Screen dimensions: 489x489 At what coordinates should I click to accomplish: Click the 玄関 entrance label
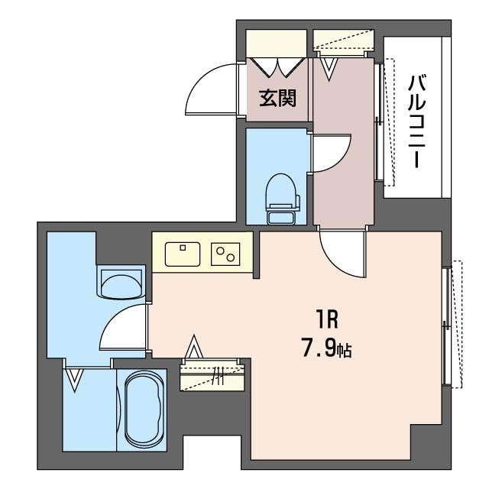click(x=277, y=98)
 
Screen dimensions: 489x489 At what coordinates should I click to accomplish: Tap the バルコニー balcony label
click(x=416, y=121)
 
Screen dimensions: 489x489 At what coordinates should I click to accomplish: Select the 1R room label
click(x=327, y=320)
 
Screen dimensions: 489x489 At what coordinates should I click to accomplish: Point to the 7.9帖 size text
click(x=326, y=348)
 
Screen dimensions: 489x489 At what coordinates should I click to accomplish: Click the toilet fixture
click(x=282, y=199)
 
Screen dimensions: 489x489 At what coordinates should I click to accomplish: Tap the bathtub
click(x=144, y=409)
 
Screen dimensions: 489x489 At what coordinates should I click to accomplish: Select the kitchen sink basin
click(x=183, y=254)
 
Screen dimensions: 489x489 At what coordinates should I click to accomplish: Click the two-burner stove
click(x=225, y=254)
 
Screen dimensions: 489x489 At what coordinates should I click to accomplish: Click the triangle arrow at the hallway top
click(x=329, y=69)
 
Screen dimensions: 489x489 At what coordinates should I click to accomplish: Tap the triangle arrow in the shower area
click(x=74, y=380)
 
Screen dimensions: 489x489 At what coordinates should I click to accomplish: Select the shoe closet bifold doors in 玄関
click(x=277, y=67)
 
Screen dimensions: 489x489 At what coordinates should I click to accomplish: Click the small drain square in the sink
click(x=183, y=248)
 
